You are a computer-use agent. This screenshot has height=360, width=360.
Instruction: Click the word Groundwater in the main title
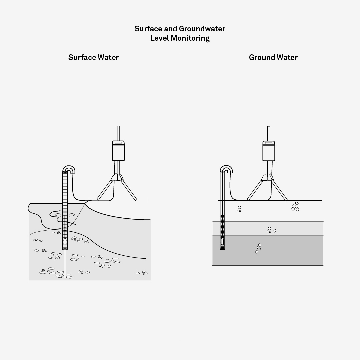202,29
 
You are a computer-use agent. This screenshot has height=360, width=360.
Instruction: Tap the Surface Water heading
93,57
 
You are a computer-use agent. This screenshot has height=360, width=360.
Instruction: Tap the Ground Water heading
273,57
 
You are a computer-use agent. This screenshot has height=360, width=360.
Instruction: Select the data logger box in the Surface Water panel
118,151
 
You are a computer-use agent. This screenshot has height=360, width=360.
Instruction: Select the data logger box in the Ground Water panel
269,151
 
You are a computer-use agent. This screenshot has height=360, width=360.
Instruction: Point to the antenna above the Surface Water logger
118,133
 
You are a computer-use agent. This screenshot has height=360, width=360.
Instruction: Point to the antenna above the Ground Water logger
269,133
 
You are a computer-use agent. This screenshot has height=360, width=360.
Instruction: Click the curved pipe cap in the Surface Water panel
69,167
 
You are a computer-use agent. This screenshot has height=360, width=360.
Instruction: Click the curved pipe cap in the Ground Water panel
226,167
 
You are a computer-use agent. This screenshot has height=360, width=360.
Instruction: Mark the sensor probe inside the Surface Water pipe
65,242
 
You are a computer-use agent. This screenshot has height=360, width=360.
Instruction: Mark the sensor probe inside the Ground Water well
222,242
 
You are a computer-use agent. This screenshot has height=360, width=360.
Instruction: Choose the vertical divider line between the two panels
180,198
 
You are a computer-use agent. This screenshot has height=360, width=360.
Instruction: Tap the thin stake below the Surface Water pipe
65,264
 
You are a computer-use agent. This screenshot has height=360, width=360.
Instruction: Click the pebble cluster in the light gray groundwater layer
271,230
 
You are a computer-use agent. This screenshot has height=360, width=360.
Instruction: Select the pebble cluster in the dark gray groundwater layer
258,248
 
